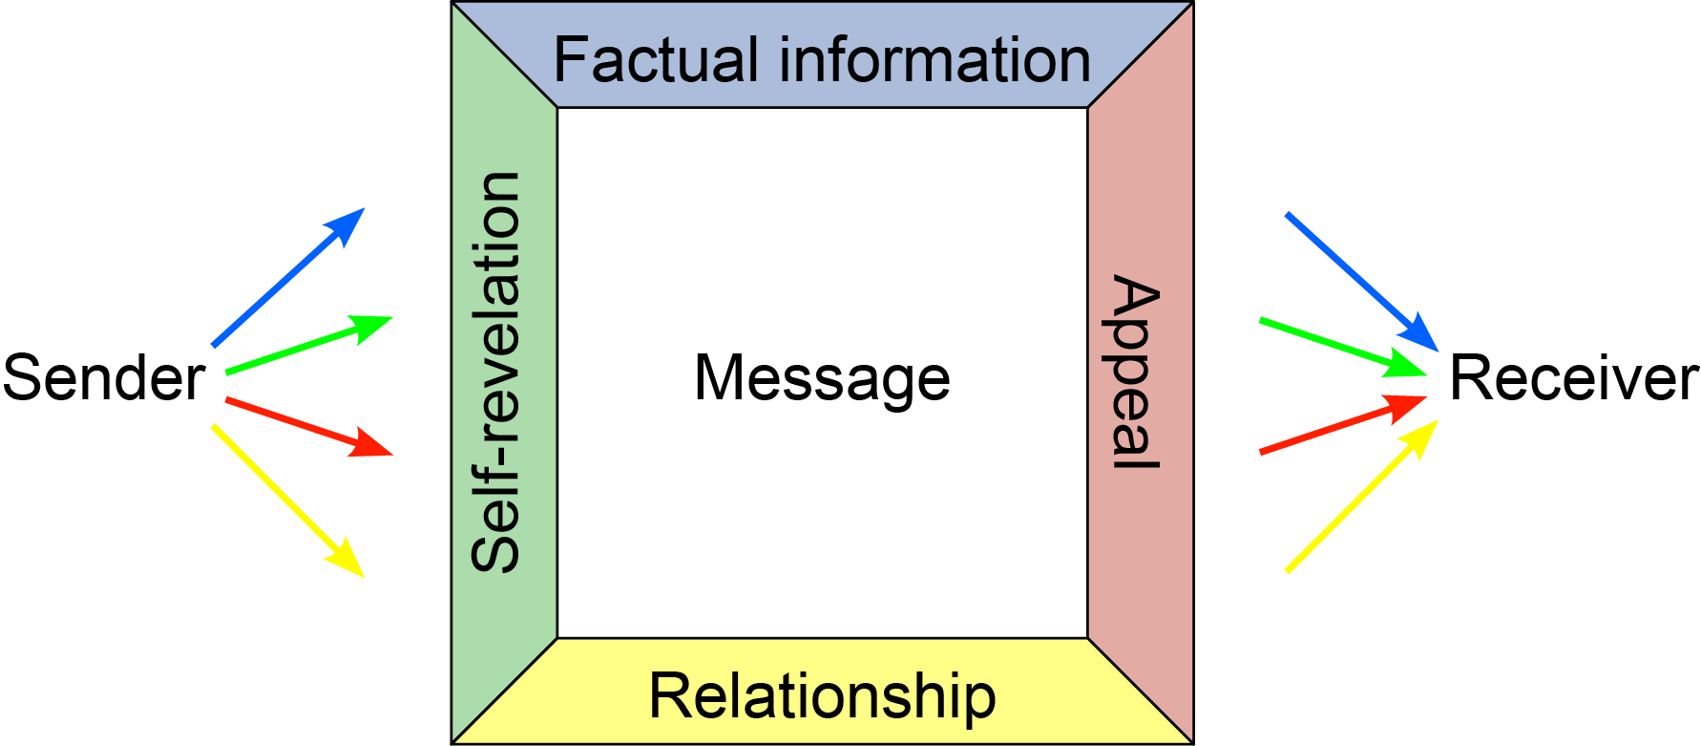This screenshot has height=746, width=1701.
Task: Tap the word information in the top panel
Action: tap(934, 60)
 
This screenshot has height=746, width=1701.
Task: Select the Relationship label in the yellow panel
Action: tap(822, 696)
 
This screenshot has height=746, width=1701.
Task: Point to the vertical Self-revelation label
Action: tap(496, 373)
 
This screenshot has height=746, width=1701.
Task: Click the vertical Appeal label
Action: tap(1134, 373)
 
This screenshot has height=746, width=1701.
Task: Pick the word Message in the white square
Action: tap(822, 378)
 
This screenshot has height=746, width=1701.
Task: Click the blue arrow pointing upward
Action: tap(286, 278)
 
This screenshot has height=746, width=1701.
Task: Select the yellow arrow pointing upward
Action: tap(1360, 498)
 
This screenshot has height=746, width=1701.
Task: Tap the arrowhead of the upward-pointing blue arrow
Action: tap(347, 224)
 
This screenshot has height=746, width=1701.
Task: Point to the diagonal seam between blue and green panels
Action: tap(505, 55)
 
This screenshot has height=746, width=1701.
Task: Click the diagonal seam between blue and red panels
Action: tap(1140, 55)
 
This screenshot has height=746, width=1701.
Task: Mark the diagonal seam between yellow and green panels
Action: tap(505, 690)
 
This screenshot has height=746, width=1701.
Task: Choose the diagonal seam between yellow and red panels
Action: tap(1140, 690)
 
